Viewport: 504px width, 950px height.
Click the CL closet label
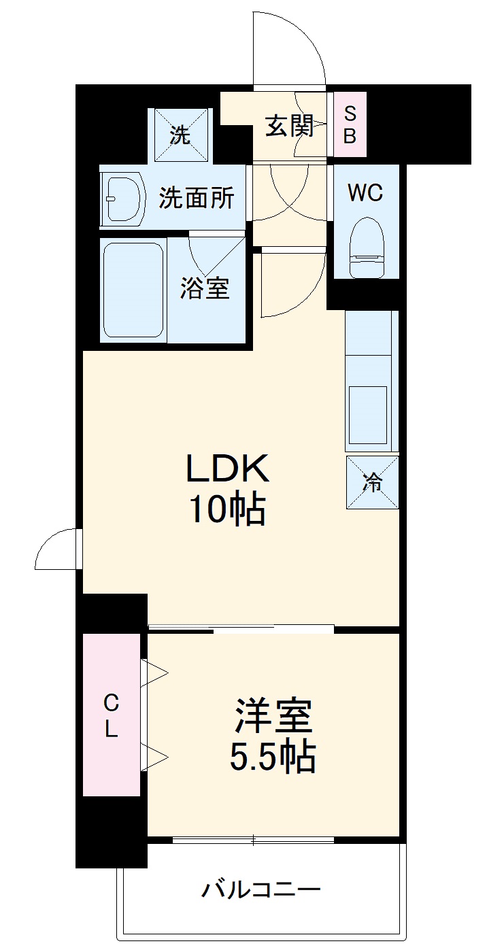(x=111, y=715)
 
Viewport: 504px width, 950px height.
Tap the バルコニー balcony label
(x=261, y=890)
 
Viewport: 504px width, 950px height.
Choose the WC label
(x=365, y=193)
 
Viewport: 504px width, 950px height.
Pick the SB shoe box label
(x=349, y=124)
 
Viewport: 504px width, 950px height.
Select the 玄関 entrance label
(x=289, y=126)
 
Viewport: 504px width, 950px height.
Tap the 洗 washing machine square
(x=180, y=135)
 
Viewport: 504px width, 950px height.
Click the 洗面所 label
(x=197, y=198)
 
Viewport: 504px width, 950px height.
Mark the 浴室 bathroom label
(x=204, y=289)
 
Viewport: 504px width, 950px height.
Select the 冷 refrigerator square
(x=372, y=482)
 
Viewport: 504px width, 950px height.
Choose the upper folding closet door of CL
(x=154, y=673)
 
